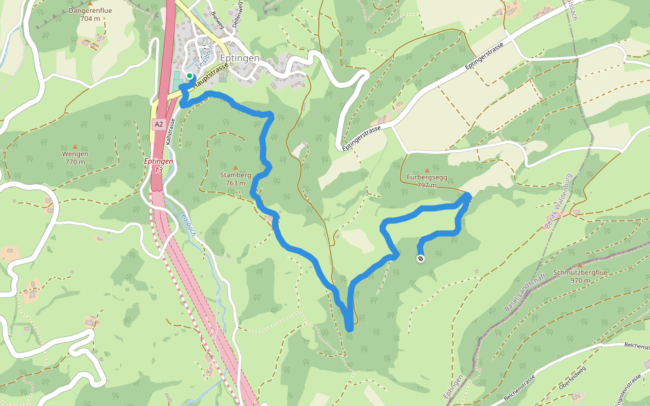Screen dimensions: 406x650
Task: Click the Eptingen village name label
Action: click(240, 59)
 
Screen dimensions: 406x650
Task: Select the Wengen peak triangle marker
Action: click(76, 145)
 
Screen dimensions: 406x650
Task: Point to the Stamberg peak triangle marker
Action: click(236, 167)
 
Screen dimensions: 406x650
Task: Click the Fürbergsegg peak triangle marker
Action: click(427, 171)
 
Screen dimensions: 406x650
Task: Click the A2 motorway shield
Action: click(158, 125)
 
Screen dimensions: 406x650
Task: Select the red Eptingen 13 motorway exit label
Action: click(158, 165)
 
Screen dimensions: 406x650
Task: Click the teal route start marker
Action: click(190, 76)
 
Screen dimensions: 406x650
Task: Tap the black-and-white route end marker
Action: click(420, 258)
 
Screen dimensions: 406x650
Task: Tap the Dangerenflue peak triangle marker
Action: click(89, 4)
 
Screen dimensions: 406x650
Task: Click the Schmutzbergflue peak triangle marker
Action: click(580, 265)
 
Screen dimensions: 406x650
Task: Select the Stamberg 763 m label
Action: click(236, 179)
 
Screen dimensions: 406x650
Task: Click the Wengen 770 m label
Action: click(76, 158)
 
